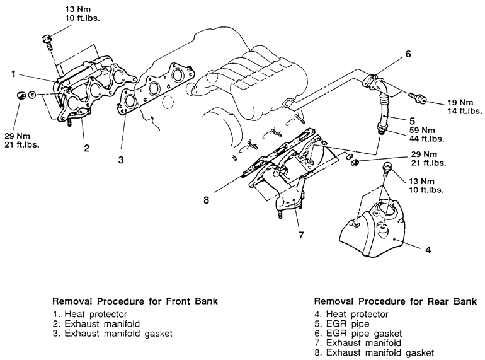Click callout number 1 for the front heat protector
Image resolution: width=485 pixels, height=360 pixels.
tap(13, 74)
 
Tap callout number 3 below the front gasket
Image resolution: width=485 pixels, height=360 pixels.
tap(121, 160)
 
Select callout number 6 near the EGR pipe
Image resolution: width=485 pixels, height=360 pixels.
tap(408, 54)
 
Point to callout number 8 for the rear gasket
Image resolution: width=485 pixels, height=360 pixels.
tap(207, 200)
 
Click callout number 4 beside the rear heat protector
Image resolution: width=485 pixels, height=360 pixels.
tap(428, 250)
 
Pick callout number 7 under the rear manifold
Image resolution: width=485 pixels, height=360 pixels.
tap(301, 235)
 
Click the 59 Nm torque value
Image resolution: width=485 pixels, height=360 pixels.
tap(422, 130)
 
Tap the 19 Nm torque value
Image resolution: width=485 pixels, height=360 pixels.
tap(460, 103)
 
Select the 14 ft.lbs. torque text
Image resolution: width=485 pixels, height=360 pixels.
tap(465, 111)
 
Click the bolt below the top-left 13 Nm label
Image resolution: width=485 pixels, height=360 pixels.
tap(47, 42)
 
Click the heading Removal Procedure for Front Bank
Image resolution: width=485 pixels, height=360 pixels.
tap(135, 301)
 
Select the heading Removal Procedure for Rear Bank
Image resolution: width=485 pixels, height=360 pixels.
tap(396, 301)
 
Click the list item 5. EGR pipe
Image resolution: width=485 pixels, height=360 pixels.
tap(342, 324)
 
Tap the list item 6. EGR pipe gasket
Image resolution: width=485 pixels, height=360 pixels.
tap(358, 334)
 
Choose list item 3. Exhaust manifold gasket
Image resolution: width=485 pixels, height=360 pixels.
tap(112, 334)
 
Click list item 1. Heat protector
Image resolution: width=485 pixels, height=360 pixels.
tap(90, 314)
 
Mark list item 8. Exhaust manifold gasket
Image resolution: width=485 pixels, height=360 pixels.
tap(374, 352)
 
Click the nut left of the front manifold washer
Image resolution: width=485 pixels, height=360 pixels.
tap(21, 95)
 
